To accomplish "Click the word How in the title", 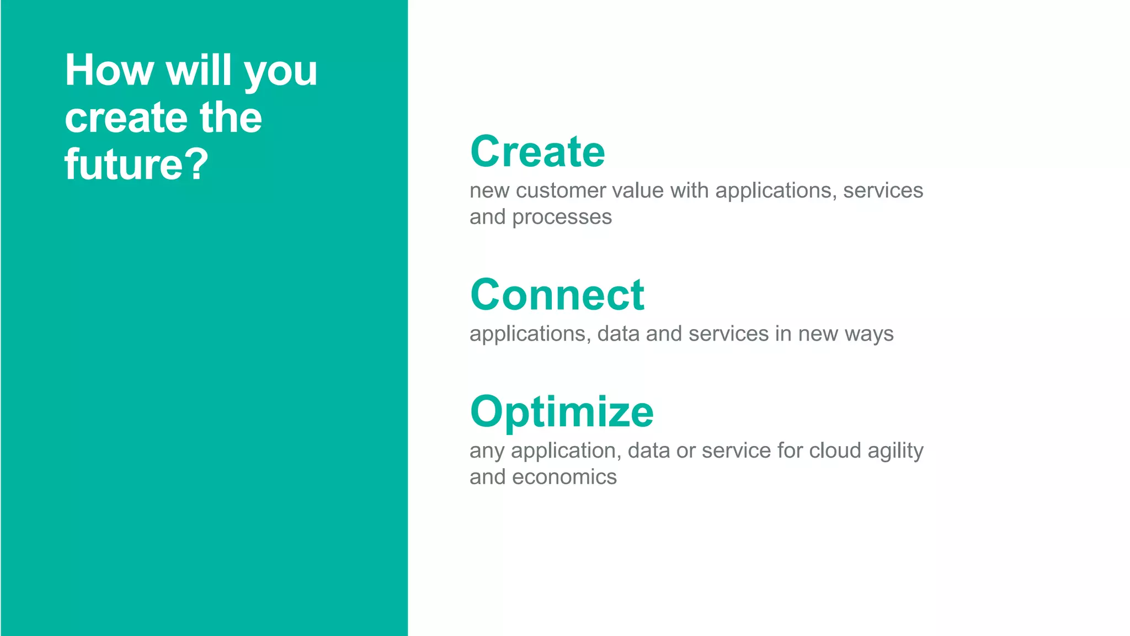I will [x=109, y=71].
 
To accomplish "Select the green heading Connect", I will [x=557, y=295].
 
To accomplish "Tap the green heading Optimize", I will [x=562, y=412].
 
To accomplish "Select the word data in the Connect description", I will [x=619, y=334].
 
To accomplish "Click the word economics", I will [x=564, y=477].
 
